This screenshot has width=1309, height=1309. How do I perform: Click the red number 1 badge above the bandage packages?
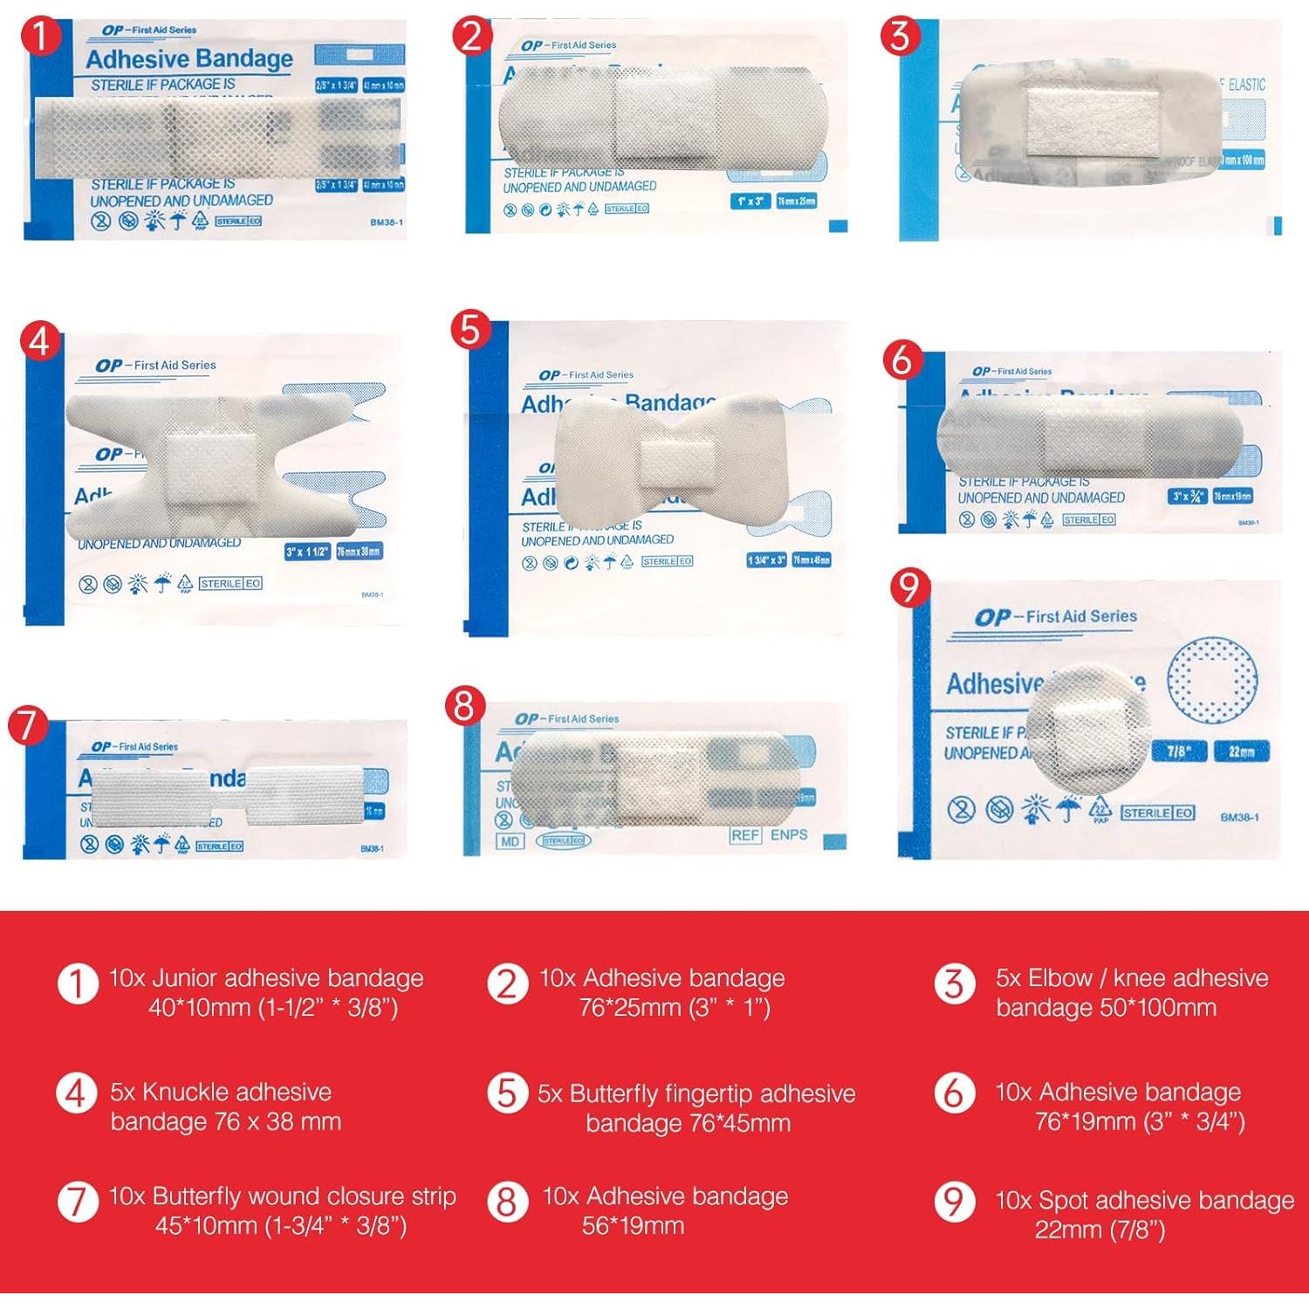coord(39,38)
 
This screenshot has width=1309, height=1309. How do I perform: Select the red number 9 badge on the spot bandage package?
coord(908,588)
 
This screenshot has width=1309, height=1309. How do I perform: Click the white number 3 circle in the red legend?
coord(955,983)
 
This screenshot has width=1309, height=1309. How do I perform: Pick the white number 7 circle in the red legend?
coord(77,1202)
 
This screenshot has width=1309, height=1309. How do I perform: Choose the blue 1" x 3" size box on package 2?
coord(750,202)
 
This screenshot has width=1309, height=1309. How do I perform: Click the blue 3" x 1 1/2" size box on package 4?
coord(307,552)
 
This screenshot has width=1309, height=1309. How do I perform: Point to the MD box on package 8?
coord(510,841)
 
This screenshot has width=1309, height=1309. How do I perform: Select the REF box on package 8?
coord(745,835)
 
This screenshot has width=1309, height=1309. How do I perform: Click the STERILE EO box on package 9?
coord(1158,812)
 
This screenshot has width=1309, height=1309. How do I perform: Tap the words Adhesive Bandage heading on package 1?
coord(189,59)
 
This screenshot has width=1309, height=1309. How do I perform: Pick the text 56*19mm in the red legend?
coord(633,1226)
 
